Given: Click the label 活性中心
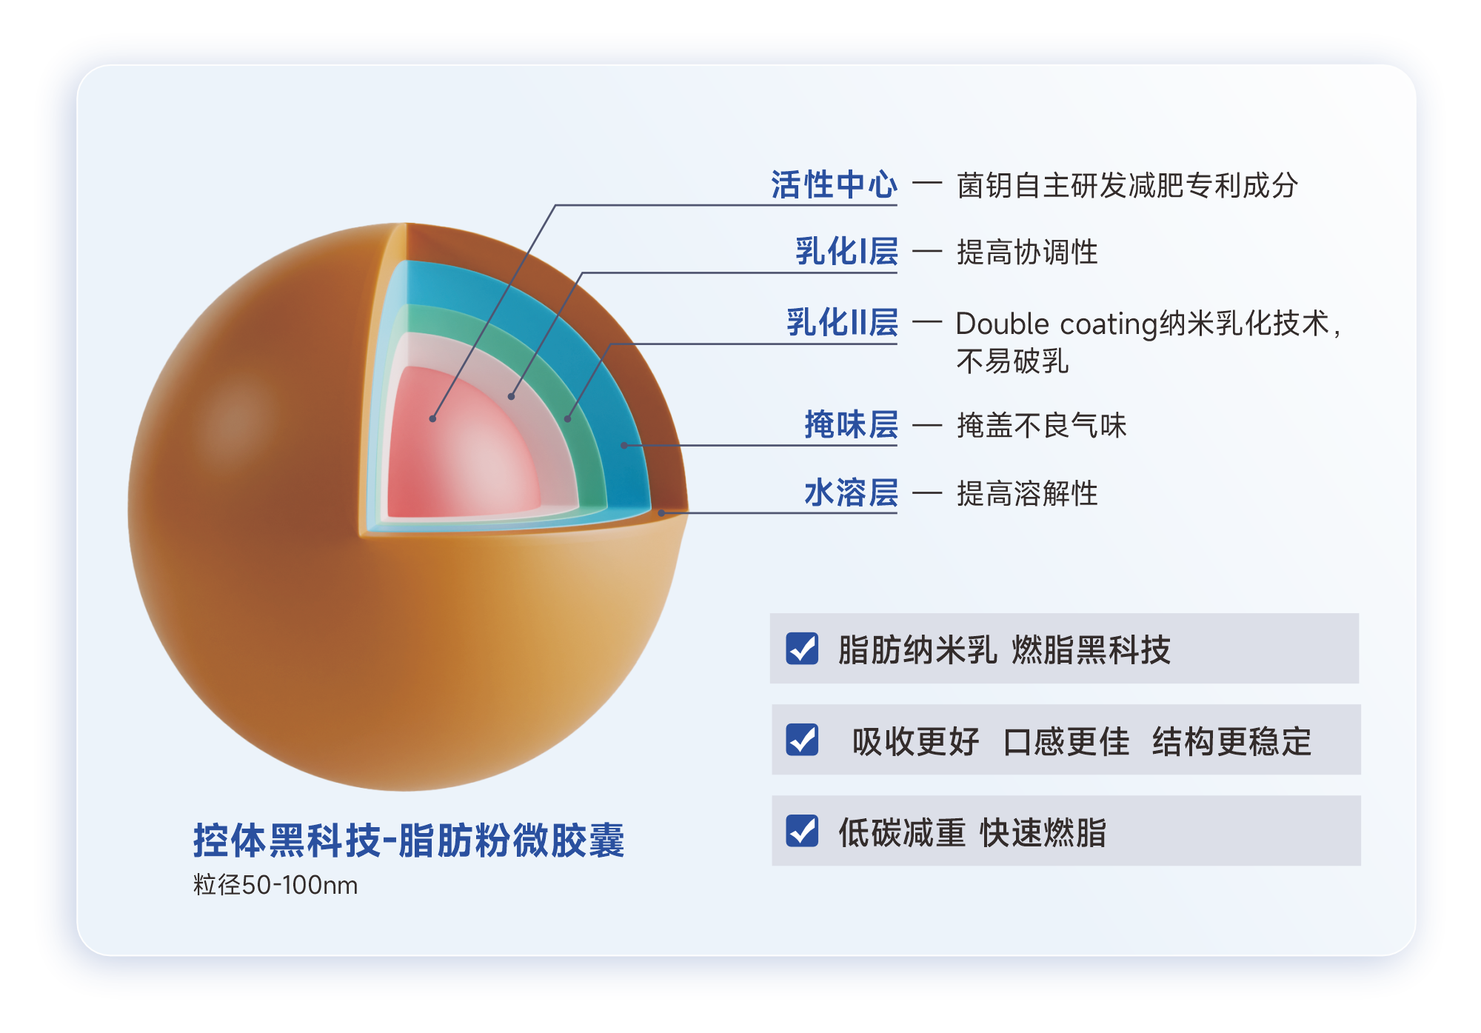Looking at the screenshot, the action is pyautogui.click(x=834, y=184).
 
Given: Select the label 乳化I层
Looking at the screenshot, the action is pyautogui.click(x=846, y=252).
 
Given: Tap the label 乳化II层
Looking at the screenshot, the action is pyautogui.click(x=842, y=323).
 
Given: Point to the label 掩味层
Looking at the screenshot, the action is pyautogui.click(x=851, y=425).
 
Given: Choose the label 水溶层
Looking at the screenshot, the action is pyautogui.click(x=851, y=493).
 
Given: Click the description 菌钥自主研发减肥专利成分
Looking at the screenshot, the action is pyautogui.click(x=1127, y=185).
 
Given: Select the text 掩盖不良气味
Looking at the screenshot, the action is pyautogui.click(x=1041, y=426).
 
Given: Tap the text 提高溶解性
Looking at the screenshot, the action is pyautogui.click(x=1027, y=494).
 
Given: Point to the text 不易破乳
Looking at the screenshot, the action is pyautogui.click(x=1012, y=361).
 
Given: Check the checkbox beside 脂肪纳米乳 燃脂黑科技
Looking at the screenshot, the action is pyautogui.click(x=802, y=649).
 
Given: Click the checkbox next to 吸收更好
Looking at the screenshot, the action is pyautogui.click(x=802, y=740).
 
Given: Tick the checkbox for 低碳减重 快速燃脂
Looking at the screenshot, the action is pyautogui.click(x=802, y=831).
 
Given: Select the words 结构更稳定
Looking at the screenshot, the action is pyautogui.click(x=1231, y=741).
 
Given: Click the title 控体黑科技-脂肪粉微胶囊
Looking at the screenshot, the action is pyautogui.click(x=409, y=840).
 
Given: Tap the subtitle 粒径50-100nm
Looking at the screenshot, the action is pyautogui.click(x=275, y=885).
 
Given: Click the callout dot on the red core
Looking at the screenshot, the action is pyautogui.click(x=432, y=419).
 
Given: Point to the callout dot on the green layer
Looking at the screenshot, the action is pyautogui.click(x=568, y=419).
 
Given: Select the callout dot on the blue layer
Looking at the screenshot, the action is pyautogui.click(x=624, y=446).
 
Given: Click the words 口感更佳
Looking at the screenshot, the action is pyautogui.click(x=1066, y=741).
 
